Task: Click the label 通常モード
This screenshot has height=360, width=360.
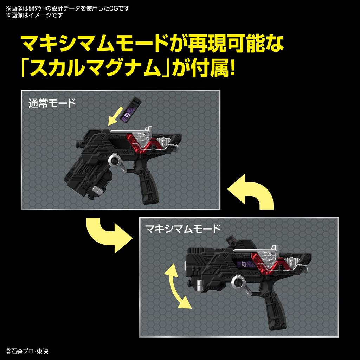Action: coord(52,104)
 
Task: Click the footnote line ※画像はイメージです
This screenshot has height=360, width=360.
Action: coord(34,15)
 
